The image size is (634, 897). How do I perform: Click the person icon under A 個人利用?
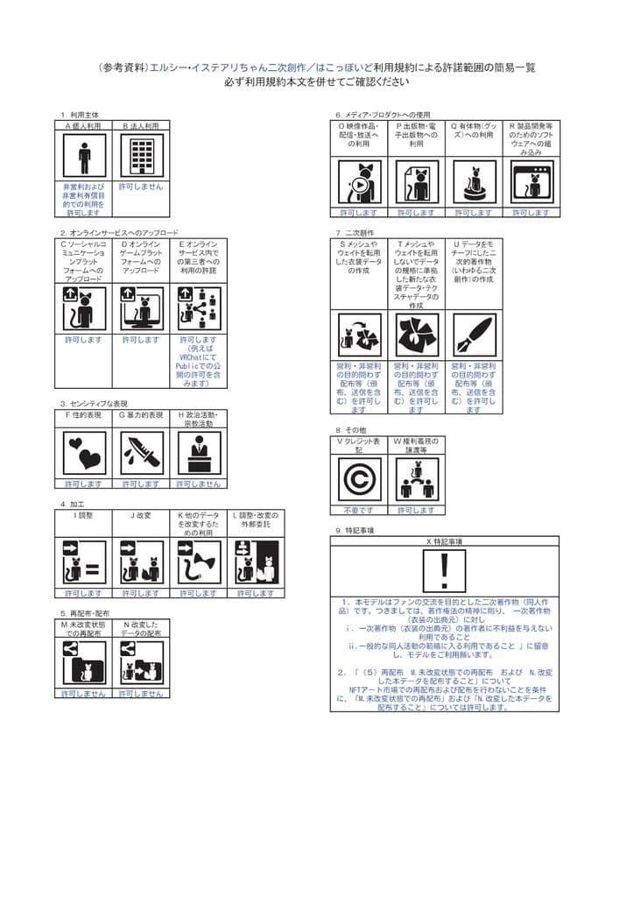click(x=84, y=158)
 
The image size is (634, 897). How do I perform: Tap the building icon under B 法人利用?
click(x=141, y=158)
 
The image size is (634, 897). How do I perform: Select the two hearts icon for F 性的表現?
click(x=84, y=453)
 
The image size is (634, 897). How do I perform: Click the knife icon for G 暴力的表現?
click(x=141, y=453)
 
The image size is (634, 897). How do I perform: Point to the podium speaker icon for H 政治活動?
click(x=199, y=453)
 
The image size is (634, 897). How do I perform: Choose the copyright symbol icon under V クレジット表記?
click(x=360, y=479)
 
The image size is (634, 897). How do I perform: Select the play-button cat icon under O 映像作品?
click(x=359, y=183)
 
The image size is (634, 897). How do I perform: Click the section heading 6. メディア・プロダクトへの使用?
click(x=384, y=115)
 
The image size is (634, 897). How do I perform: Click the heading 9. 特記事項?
click(x=356, y=530)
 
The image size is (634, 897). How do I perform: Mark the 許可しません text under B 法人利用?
click(x=141, y=187)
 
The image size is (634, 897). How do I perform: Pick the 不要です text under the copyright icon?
click(x=359, y=510)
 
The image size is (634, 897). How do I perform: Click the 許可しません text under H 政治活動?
click(x=199, y=484)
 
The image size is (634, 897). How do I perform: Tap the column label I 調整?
click(x=83, y=515)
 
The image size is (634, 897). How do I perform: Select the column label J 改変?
click(x=141, y=515)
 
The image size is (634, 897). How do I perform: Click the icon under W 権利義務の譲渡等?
click(x=416, y=479)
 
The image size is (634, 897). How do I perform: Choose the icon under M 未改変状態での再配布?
click(x=84, y=663)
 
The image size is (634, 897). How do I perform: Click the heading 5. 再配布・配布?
click(x=86, y=613)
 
